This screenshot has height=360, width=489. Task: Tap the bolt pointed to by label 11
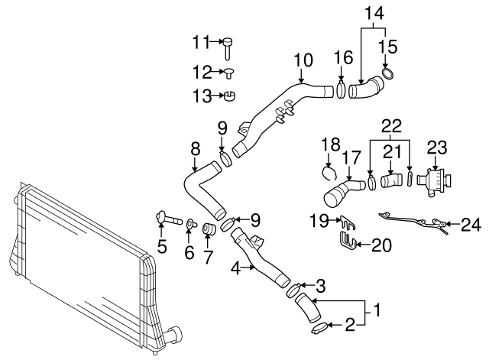click(x=228, y=47)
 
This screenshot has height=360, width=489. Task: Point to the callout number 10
click(x=303, y=58)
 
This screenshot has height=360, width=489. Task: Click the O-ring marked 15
click(x=388, y=74)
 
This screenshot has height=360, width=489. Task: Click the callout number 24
click(x=472, y=225)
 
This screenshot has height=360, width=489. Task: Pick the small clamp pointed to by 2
click(x=319, y=329)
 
